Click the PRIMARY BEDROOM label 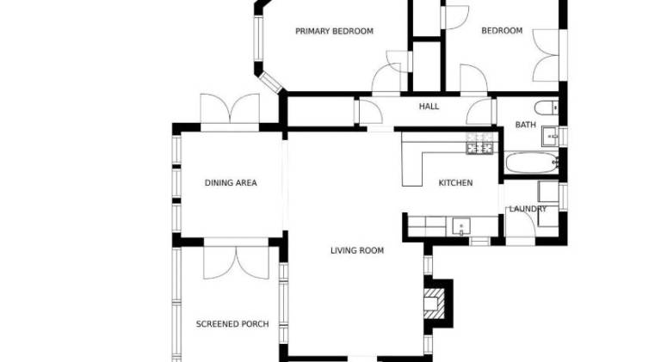click(x=334, y=31)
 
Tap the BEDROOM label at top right click(x=502, y=31)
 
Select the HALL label click(x=429, y=107)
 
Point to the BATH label click(x=526, y=125)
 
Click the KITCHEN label click(x=455, y=182)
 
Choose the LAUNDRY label click(x=528, y=209)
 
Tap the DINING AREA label click(x=231, y=182)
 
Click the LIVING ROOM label click(x=357, y=250)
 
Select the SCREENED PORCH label click(x=232, y=324)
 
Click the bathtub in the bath click(x=532, y=163)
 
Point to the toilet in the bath click(x=547, y=107)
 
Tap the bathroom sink click(x=550, y=136)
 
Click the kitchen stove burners click(x=479, y=143)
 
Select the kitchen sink click(x=461, y=226)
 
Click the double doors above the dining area click(x=230, y=108)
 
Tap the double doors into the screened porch click(x=236, y=262)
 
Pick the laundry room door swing click(x=521, y=222)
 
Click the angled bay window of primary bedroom click(x=270, y=83)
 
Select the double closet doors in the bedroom click(x=546, y=55)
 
